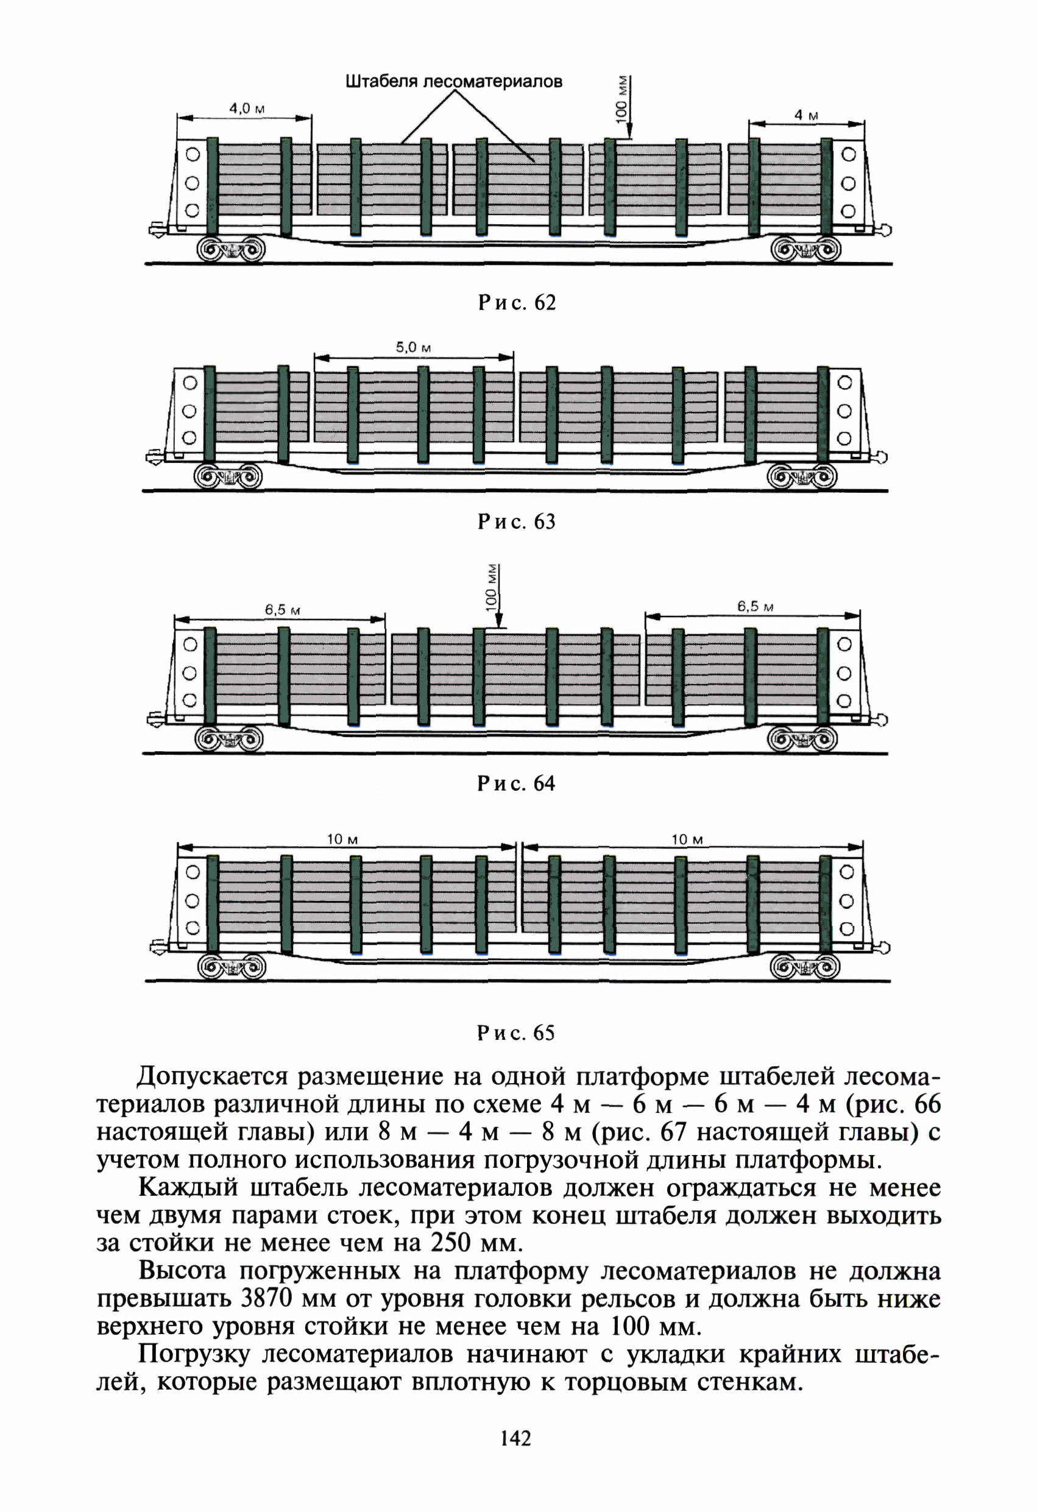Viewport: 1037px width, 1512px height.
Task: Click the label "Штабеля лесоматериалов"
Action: tap(453, 81)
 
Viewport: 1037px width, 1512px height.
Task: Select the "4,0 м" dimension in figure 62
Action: tap(247, 108)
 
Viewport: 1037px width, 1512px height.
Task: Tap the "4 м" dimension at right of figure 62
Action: tap(806, 115)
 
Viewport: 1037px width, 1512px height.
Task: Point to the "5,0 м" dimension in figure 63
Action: tap(413, 347)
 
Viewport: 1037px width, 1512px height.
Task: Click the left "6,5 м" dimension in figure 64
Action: tap(282, 610)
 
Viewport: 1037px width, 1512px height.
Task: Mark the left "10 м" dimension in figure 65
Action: tap(342, 839)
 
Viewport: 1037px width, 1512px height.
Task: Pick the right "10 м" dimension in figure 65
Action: tap(687, 839)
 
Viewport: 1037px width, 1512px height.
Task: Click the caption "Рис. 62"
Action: tap(517, 303)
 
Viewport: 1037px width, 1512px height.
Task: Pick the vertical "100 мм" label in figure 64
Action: tap(492, 587)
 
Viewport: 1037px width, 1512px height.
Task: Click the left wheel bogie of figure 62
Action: tap(231, 249)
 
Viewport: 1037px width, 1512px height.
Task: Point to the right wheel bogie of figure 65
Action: tap(804, 967)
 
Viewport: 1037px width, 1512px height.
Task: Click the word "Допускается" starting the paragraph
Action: tap(212, 1077)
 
